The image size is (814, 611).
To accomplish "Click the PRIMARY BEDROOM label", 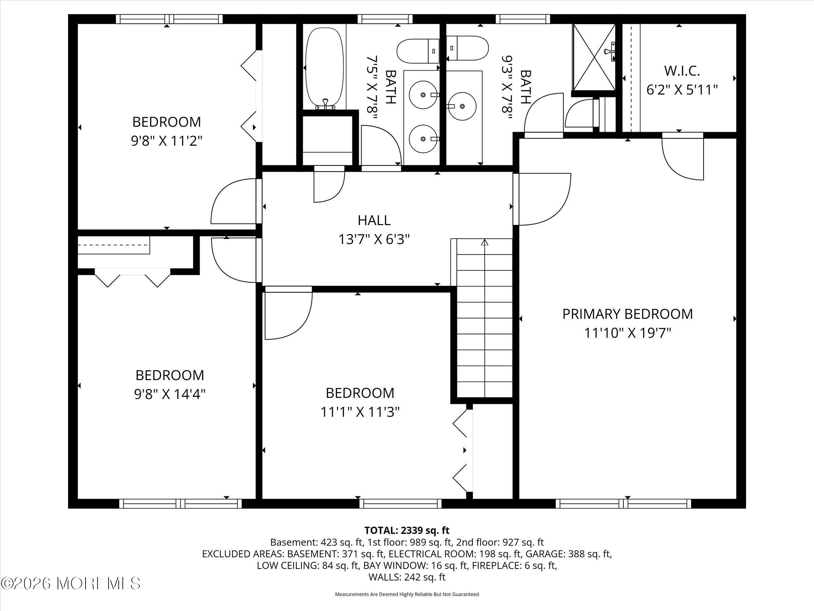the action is pos(627,314).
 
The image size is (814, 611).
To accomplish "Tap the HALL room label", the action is pos(374,220).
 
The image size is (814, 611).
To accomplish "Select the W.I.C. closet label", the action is pos(682,71).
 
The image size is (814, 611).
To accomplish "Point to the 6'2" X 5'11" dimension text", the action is pos(682,90).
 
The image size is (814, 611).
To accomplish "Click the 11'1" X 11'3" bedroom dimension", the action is pos(360,412).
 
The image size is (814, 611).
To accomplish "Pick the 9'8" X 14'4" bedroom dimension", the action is pos(170,394).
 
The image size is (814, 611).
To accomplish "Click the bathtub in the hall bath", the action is pos(325,69).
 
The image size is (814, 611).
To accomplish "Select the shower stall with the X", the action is pos(593,57).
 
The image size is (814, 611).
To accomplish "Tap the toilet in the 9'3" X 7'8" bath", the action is pos(467,48).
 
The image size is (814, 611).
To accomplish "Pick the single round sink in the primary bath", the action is pos(462,107).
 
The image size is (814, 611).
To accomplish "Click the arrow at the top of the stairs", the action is pos(485,242).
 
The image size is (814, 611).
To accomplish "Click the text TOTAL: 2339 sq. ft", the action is pos(407,530).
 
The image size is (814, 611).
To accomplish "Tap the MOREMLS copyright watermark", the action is pos(71,583).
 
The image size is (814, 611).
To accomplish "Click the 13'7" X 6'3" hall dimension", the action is pos(374,239).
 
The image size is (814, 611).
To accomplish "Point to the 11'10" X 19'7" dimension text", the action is pos(628,333).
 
